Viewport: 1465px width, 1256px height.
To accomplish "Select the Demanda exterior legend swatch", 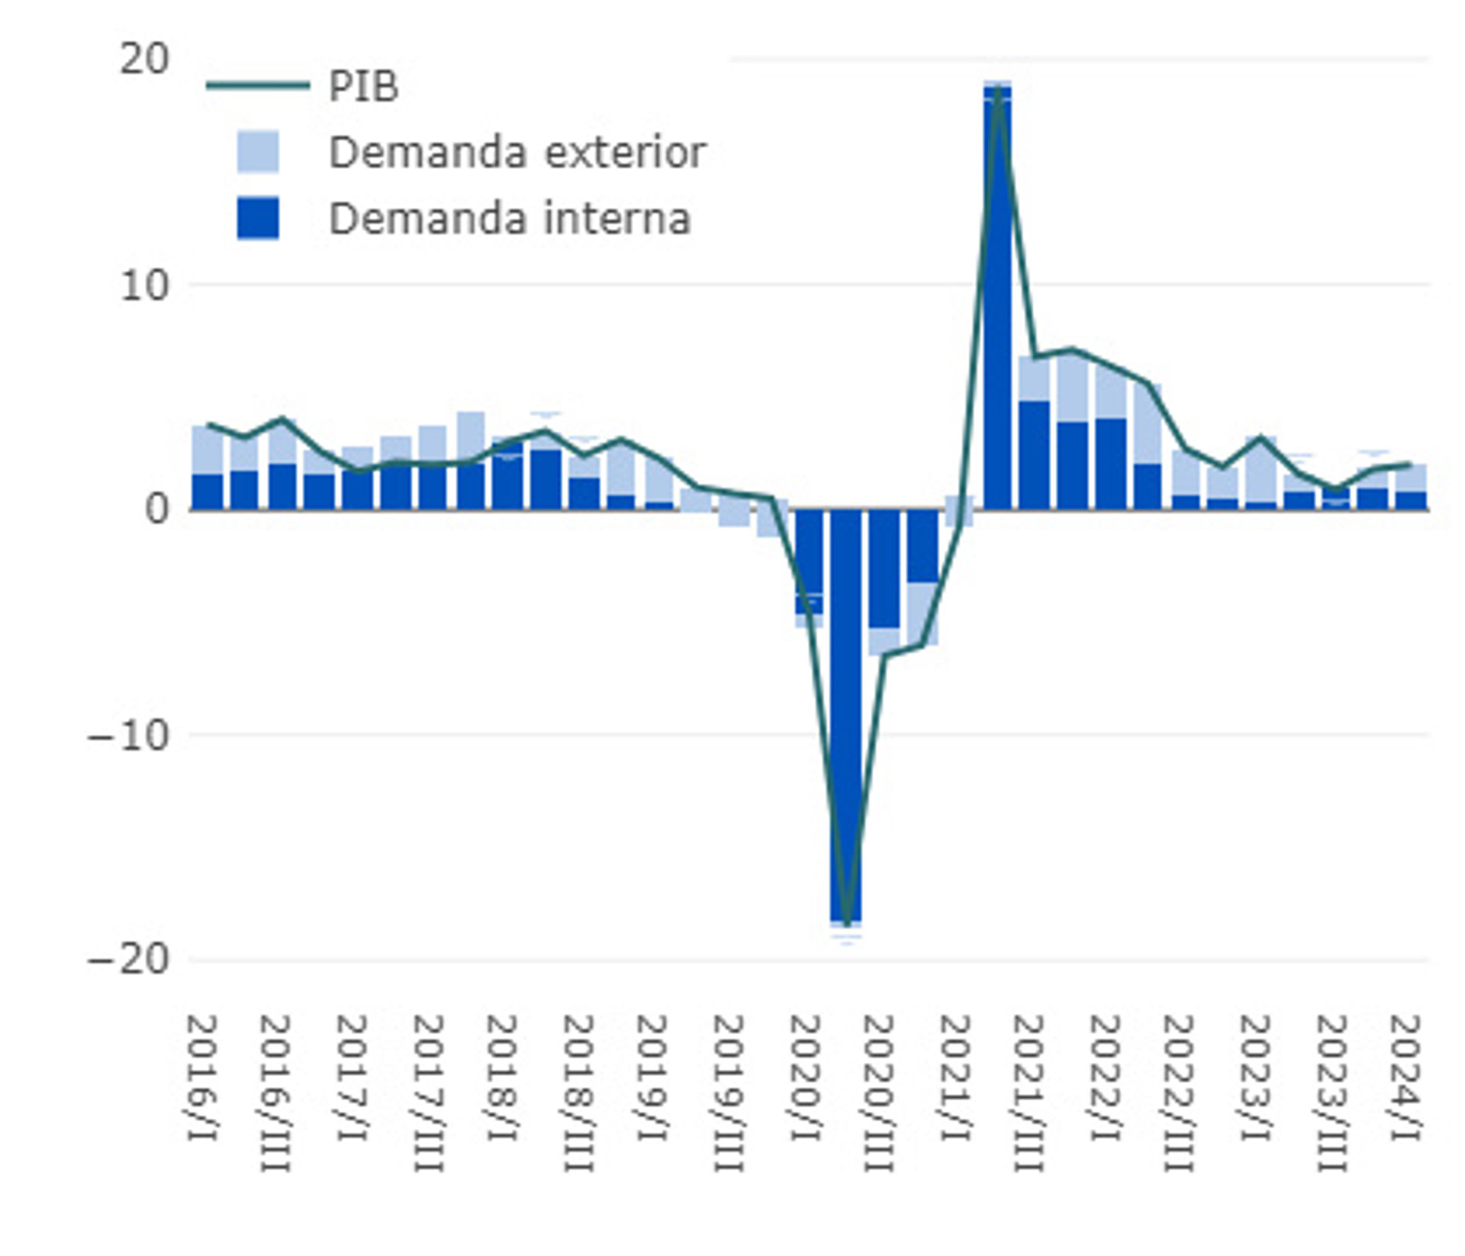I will tap(258, 152).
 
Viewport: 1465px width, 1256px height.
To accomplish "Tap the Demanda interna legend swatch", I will tap(258, 218).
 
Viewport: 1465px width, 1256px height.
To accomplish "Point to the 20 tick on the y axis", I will tap(143, 59).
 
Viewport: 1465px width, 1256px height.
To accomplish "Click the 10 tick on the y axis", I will tap(143, 285).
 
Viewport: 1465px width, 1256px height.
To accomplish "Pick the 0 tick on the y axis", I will tap(156, 508).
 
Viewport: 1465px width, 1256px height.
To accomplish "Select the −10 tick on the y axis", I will tap(127, 736).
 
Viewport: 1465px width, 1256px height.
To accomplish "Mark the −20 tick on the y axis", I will tap(127, 959).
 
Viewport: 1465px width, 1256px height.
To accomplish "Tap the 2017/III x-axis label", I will tap(429, 1093).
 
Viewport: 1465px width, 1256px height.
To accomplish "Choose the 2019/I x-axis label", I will tap(654, 1077).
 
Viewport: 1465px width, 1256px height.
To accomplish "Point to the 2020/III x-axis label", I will tap(879, 1093).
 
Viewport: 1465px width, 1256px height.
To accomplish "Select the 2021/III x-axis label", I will tap(1029, 1093).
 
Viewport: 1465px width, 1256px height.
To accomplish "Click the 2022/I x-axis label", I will tap(1105, 1077).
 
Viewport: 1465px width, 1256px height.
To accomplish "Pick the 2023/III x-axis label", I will tap(1331, 1093).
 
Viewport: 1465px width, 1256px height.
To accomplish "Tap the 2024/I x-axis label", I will tap(1405, 1077).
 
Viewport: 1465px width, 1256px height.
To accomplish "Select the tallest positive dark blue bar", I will tap(997, 298).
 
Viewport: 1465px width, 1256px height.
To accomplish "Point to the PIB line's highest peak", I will tap(998, 87).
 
